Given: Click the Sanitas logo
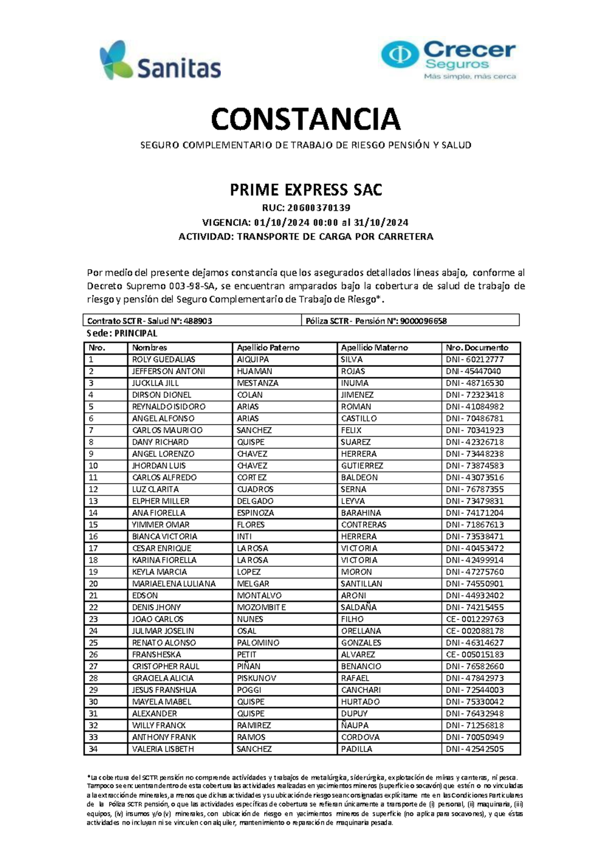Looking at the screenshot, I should pos(160,61).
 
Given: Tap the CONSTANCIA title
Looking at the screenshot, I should pos(305,119).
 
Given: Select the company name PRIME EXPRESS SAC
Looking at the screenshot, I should pos(305,190).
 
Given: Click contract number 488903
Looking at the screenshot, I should pos(197,321).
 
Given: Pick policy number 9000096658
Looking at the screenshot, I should pos(423,321).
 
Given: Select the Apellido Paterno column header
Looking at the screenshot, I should pos(268,348).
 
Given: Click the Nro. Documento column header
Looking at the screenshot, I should pos(477,348).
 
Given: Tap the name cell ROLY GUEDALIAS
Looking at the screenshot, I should pos(163,359).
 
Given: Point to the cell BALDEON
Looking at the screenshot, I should pos(359,478).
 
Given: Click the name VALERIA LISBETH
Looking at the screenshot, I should pos(163,749).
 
